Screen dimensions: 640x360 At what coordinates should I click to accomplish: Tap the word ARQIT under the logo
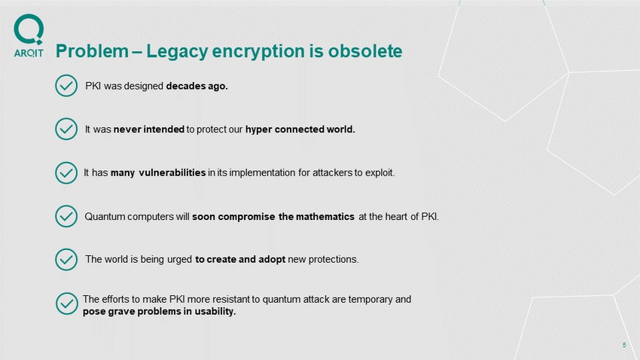[29, 53]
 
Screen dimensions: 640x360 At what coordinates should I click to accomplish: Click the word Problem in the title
[93, 51]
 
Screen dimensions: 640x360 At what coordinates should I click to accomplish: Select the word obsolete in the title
[365, 51]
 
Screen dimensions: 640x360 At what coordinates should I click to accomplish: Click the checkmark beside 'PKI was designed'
[66, 86]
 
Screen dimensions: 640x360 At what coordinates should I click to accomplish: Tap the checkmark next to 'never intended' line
[66, 129]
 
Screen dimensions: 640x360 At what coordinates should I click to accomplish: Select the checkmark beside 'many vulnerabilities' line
[66, 172]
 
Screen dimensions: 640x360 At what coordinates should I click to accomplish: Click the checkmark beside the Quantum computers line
[66, 216]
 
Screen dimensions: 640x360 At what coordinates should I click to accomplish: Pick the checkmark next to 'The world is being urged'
[66, 259]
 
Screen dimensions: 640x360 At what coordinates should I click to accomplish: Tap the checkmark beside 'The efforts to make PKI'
[67, 304]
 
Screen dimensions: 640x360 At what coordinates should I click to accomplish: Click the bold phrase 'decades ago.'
[197, 86]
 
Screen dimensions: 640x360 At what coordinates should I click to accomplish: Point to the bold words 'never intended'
[149, 130]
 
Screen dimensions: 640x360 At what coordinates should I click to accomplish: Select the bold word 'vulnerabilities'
[172, 172]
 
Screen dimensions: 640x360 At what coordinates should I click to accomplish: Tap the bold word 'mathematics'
[325, 217]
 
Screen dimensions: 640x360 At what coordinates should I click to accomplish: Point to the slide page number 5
[624, 345]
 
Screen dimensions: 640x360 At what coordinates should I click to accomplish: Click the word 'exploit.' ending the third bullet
[380, 173]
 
